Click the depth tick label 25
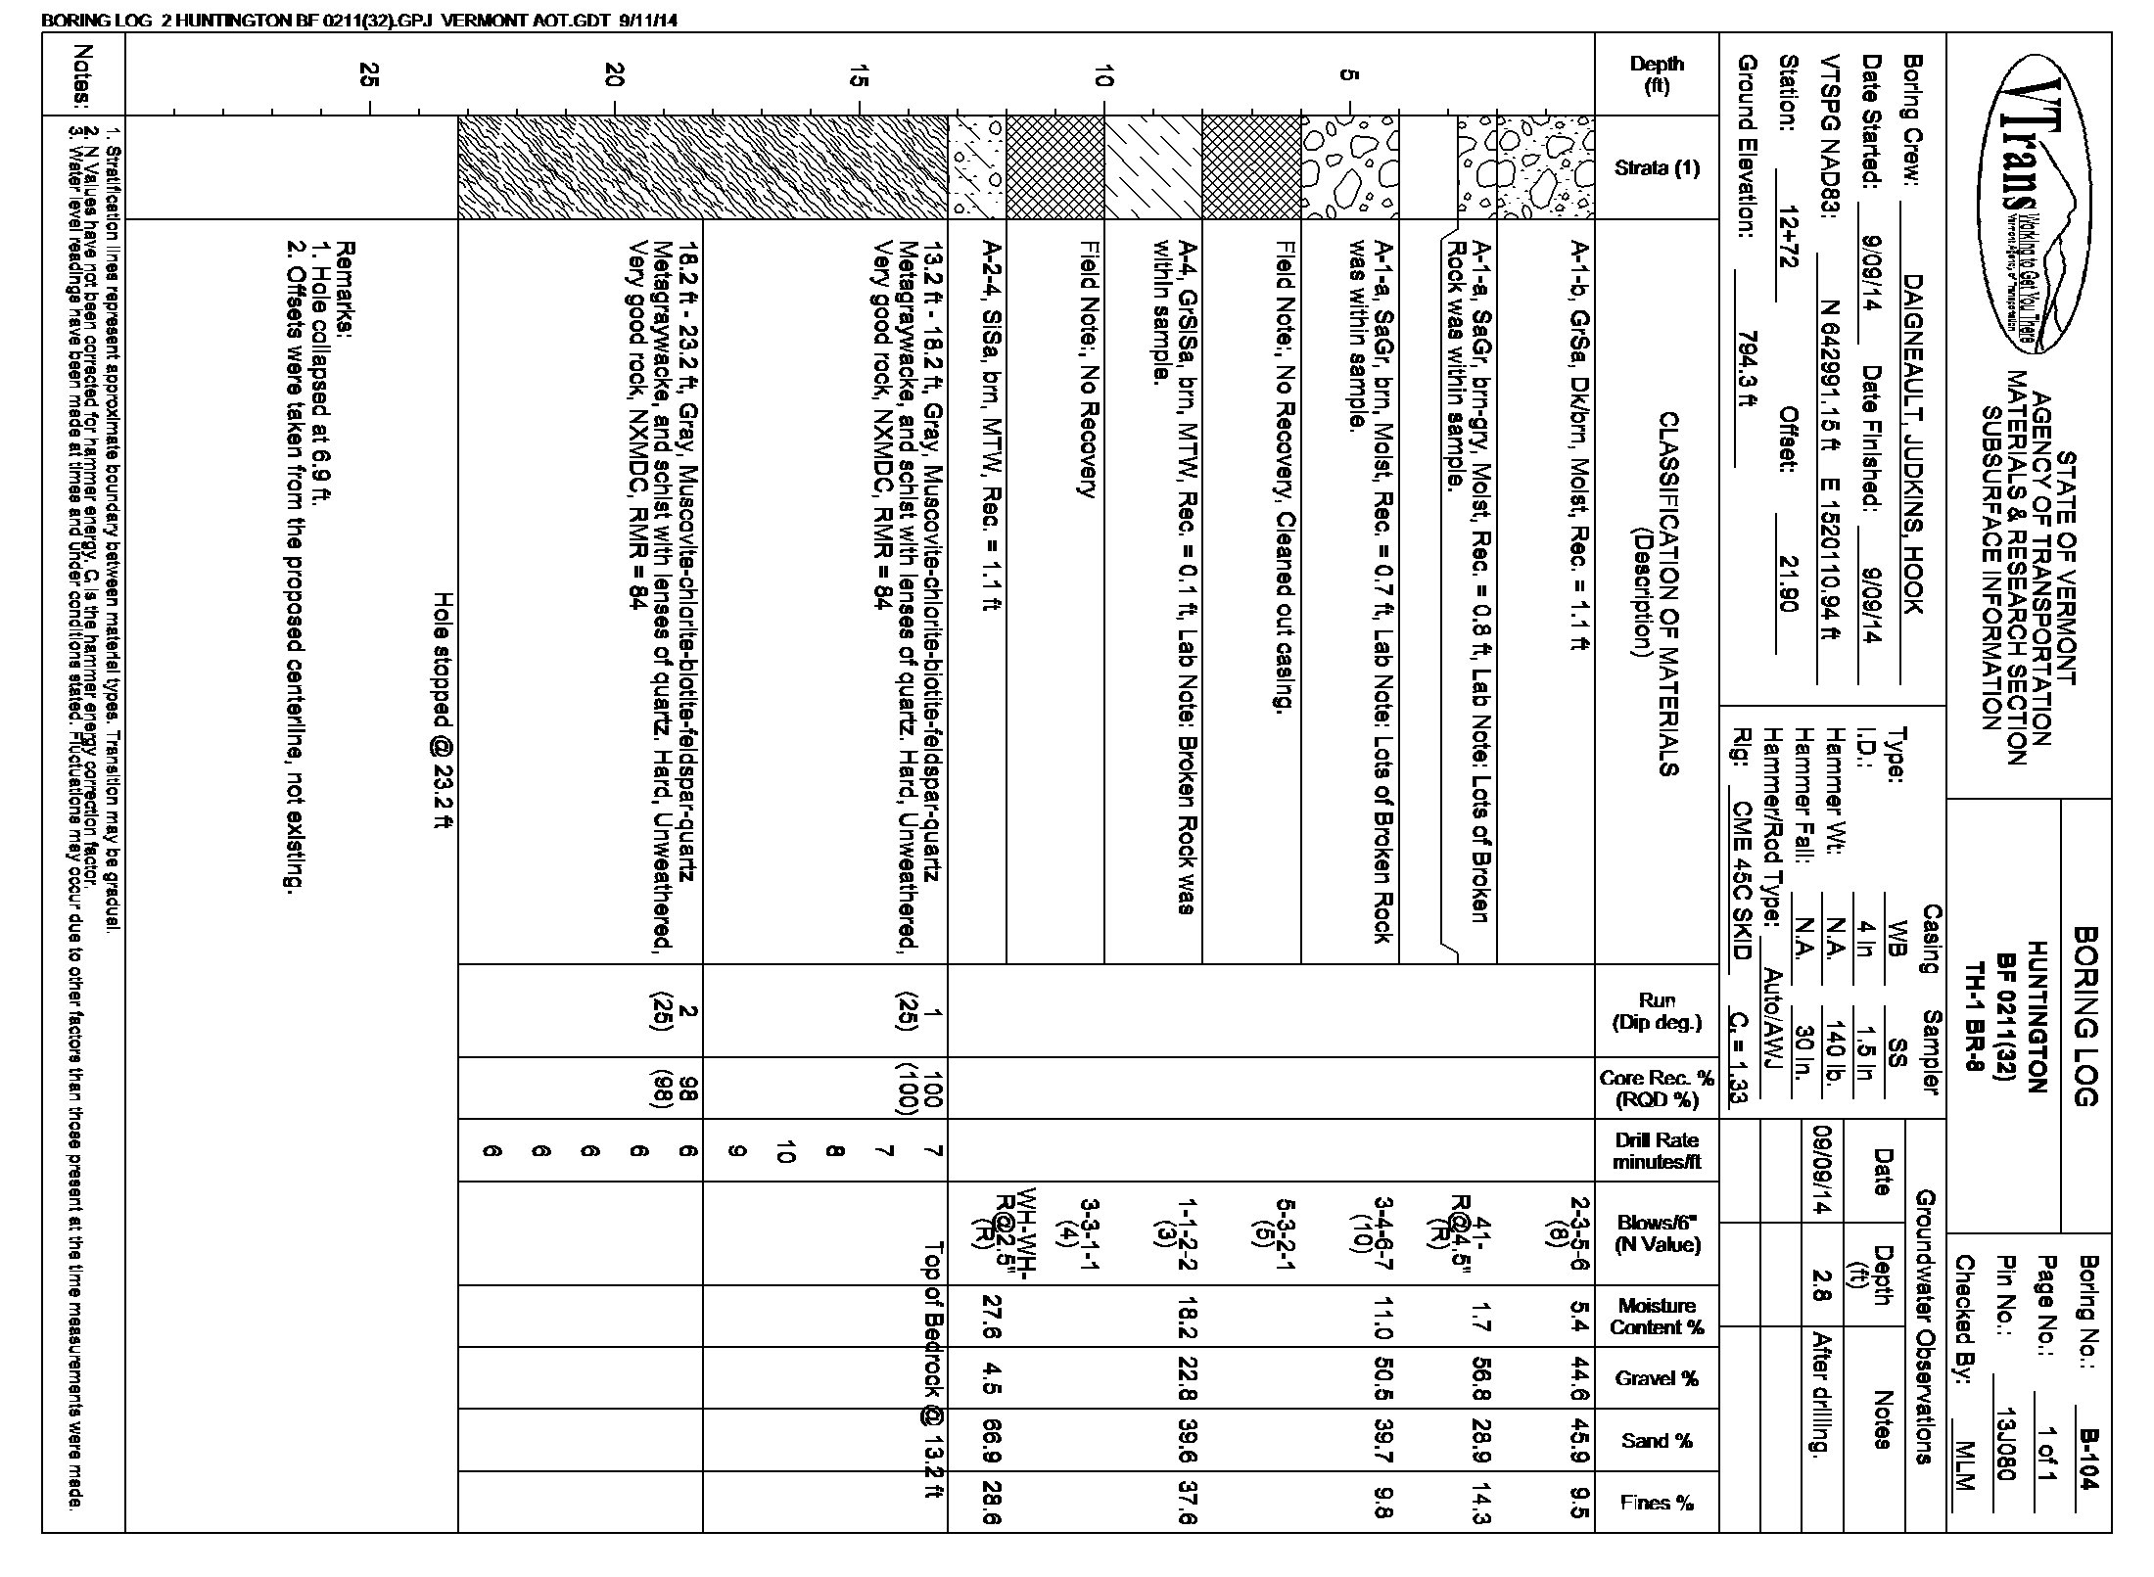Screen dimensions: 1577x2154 pyautogui.click(x=369, y=75)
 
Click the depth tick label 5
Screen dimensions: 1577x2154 pyautogui.click(x=1348, y=75)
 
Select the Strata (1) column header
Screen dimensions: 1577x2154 pyautogui.click(x=1657, y=167)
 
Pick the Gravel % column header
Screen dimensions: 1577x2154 pyautogui.click(x=1657, y=1378)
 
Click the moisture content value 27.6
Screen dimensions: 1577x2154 pyautogui.click(x=990, y=1316)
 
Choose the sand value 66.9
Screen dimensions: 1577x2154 pyautogui.click(x=990, y=1441)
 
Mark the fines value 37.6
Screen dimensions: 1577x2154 pyautogui.click(x=1188, y=1504)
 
